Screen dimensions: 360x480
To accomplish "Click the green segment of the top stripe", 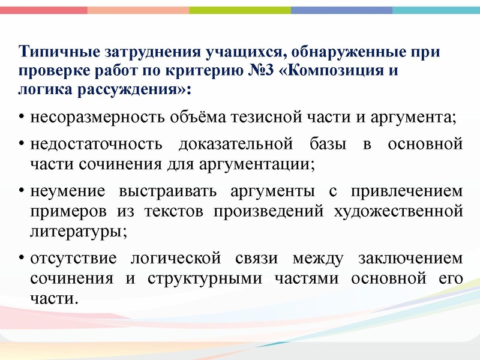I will pos(240,10).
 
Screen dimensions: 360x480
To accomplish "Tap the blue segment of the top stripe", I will pos(342,10).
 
